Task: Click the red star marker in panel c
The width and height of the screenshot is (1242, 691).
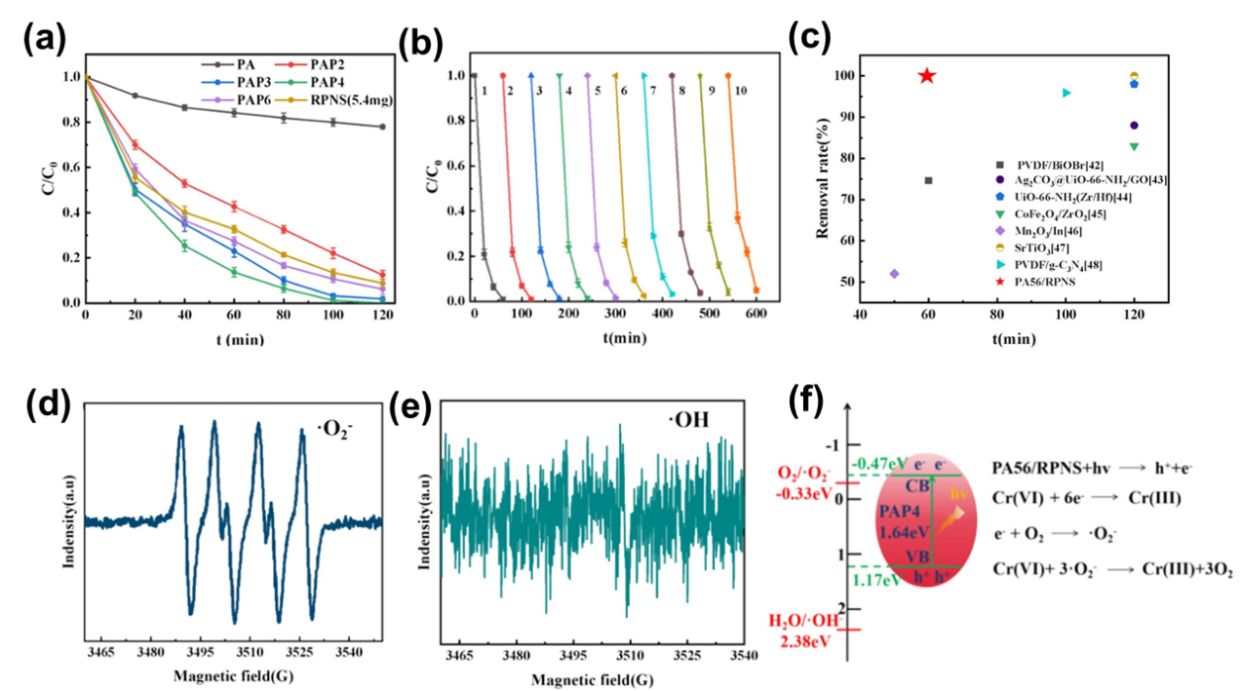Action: point(927,76)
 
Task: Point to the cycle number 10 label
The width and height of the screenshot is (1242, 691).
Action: point(741,91)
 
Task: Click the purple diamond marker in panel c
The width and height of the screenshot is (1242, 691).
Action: point(894,273)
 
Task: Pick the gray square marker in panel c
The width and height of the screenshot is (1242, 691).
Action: point(928,180)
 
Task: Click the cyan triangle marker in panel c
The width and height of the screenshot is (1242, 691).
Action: point(1067,93)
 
